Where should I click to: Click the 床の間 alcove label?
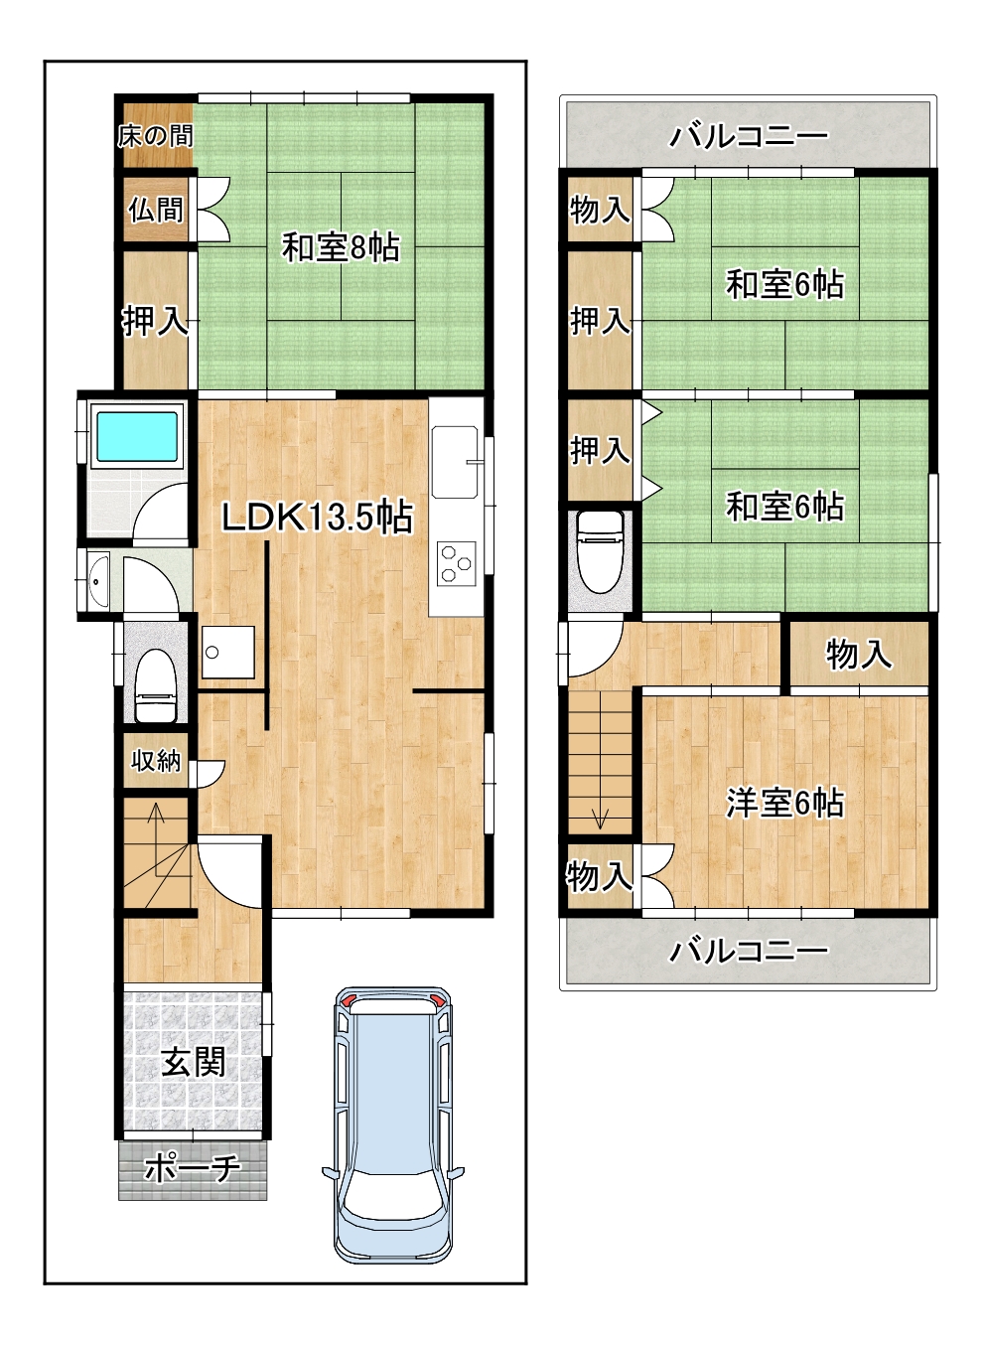pyautogui.click(x=156, y=136)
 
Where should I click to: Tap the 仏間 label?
pyautogui.click(x=156, y=211)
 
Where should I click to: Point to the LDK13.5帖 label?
pyautogui.click(x=318, y=517)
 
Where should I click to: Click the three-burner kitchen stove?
pyautogui.click(x=456, y=562)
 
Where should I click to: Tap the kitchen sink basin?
pyautogui.click(x=455, y=462)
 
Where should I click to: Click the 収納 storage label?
pyautogui.click(x=156, y=761)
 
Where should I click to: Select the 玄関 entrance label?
pyautogui.click(x=194, y=1063)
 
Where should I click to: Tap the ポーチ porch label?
pyautogui.click(x=192, y=1167)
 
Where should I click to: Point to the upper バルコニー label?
pyautogui.click(x=748, y=136)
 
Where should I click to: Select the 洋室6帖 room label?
pyautogui.click(x=784, y=803)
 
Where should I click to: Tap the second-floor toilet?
pyautogui.click(x=600, y=552)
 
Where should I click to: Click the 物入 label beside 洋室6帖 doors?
pyautogui.click(x=600, y=877)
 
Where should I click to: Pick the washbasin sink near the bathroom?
pyautogui.click(x=98, y=582)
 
